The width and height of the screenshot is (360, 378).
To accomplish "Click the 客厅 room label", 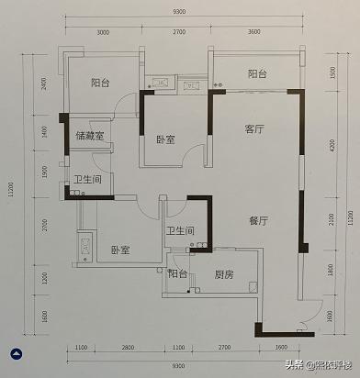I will click(254, 129).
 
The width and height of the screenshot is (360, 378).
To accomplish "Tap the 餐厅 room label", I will click(258, 221).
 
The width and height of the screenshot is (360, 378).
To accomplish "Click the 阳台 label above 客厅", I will click(258, 73).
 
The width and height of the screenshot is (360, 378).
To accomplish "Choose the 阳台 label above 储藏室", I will click(101, 82).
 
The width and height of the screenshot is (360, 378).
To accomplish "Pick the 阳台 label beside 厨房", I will click(177, 273).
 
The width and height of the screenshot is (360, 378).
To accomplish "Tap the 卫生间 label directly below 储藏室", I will click(86, 180).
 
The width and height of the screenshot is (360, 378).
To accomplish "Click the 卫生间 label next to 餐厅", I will click(178, 231).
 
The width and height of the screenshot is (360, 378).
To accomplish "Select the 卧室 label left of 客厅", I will click(166, 140).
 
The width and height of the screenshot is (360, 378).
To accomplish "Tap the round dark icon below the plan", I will click(16, 353).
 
